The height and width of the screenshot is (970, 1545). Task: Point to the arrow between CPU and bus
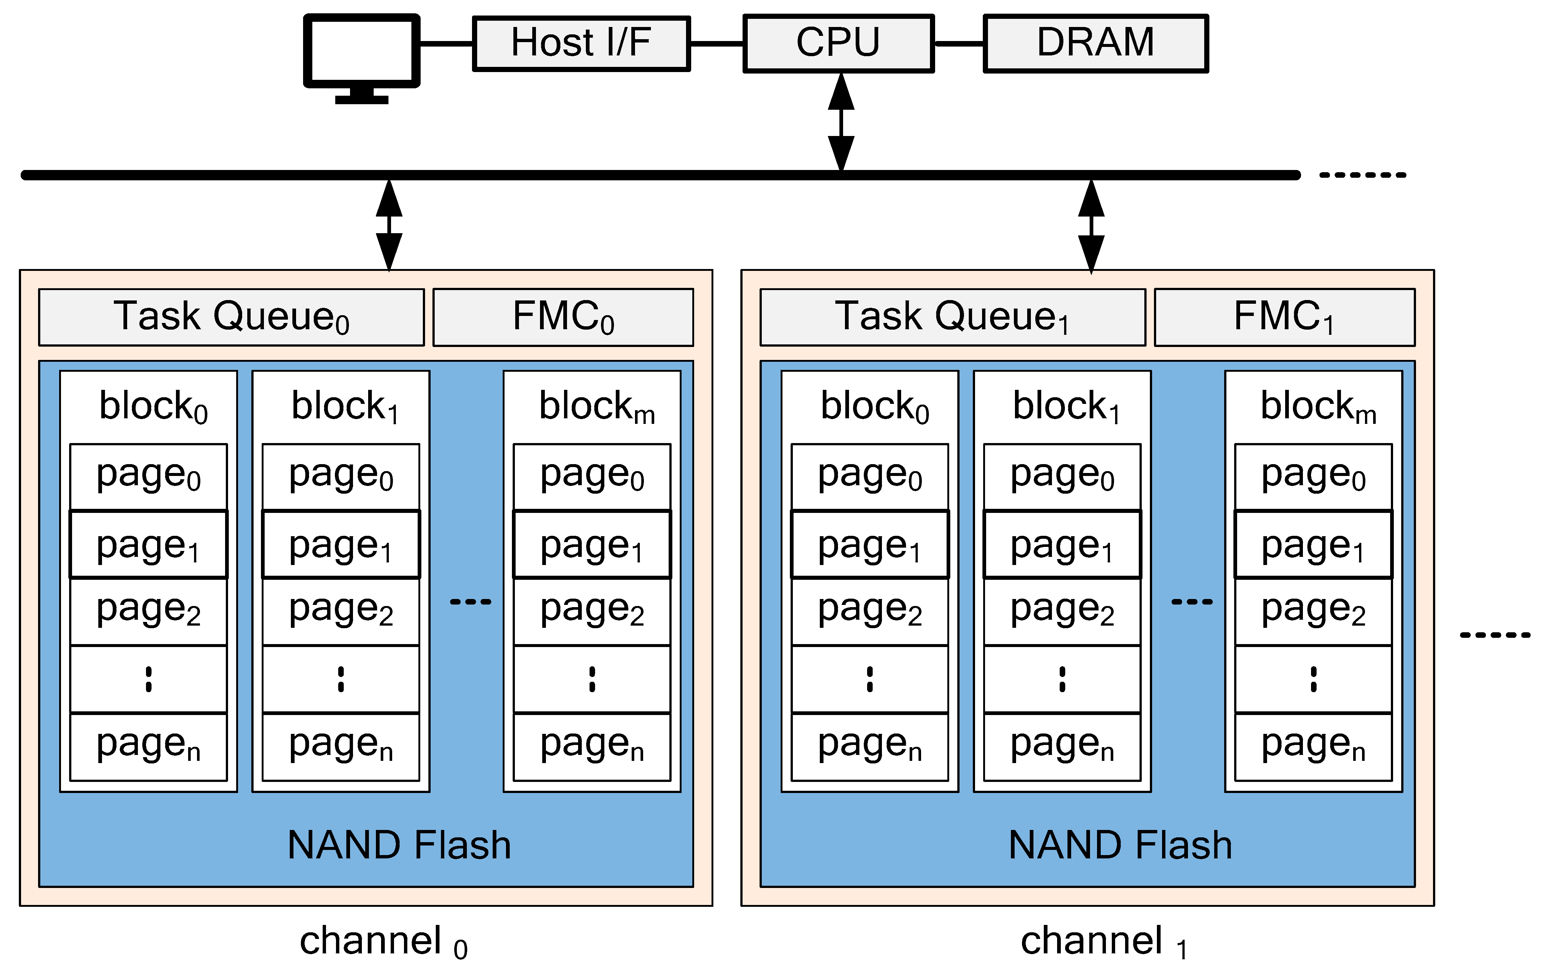click(841, 122)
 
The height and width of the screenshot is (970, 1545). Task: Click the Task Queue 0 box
click(231, 317)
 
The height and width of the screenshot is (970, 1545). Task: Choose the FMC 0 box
click(563, 317)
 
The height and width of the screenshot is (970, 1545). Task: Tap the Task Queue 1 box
click(952, 317)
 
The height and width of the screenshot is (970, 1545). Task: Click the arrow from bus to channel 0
click(389, 225)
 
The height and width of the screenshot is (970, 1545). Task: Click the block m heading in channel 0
click(597, 407)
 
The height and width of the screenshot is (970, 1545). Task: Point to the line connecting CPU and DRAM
click(958, 44)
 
